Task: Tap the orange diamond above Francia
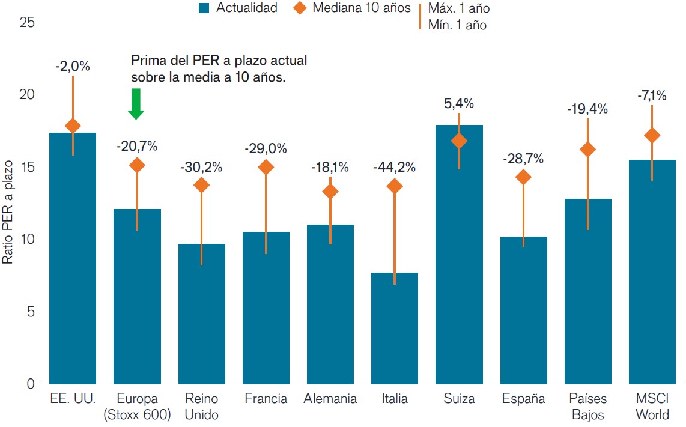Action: (266, 168)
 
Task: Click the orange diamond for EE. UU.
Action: (73, 126)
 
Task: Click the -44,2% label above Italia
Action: (395, 168)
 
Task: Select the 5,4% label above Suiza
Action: (459, 103)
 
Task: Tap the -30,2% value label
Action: (201, 168)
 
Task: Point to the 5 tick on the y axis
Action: (30, 312)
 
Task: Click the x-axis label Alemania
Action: (330, 399)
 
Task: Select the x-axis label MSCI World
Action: (652, 406)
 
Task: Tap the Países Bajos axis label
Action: (587, 406)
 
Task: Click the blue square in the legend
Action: (203, 8)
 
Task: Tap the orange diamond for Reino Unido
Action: (201, 185)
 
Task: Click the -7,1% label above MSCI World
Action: (652, 95)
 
